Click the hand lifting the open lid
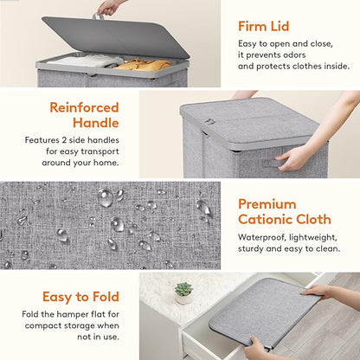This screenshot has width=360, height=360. (x=110, y=8)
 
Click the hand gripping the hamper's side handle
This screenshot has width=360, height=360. (x=296, y=157)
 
